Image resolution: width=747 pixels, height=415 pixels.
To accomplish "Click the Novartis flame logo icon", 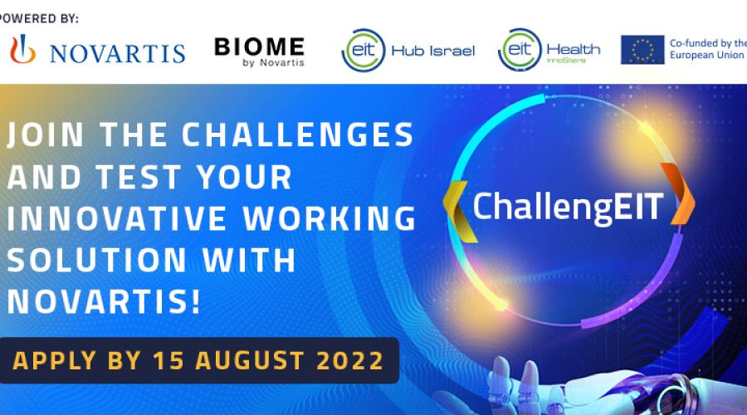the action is tap(23, 49).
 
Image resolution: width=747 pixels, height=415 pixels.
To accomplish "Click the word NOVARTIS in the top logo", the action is tap(117, 53).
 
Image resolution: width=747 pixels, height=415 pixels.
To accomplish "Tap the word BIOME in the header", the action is tap(259, 46).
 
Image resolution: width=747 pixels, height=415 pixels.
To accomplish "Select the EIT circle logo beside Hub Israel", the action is tap(363, 50).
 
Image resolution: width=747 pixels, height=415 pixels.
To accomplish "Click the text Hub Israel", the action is tap(433, 51).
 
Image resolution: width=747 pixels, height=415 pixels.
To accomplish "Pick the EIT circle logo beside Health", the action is tap(520, 50).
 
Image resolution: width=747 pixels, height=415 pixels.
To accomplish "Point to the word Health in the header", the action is tap(573, 49).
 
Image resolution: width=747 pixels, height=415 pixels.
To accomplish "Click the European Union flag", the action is tap(642, 50).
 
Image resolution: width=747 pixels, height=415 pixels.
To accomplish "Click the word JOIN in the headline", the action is tap(46, 134).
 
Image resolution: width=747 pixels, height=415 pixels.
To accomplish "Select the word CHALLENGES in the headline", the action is tap(297, 134).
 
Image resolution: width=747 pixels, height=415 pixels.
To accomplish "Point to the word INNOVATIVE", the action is tap(117, 218).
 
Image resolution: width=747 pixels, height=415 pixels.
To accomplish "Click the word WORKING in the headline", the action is tap(330, 218).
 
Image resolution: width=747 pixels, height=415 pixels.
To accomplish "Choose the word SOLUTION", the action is tap(97, 260).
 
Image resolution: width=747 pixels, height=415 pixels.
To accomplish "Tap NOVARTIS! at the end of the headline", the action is tap(104, 301).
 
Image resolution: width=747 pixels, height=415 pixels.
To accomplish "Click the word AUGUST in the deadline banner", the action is tap(250, 361).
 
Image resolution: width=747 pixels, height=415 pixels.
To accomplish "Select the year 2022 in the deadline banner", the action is tap(350, 361).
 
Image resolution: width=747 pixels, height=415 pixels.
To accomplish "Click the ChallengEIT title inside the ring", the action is tap(568, 207).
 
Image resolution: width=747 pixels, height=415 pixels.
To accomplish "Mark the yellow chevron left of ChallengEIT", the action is tap(459, 212).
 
